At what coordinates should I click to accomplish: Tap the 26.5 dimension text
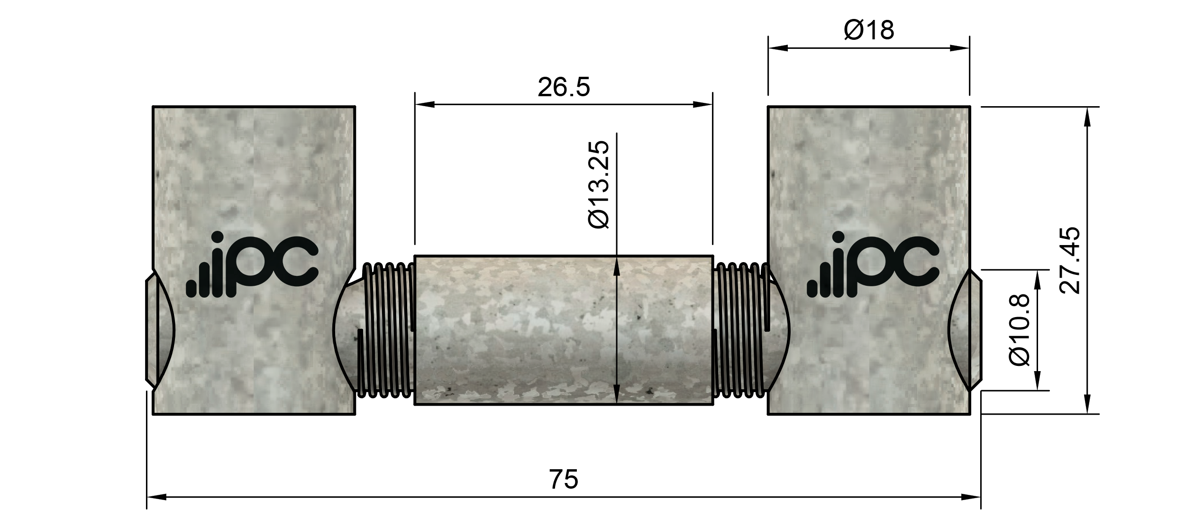point(564,88)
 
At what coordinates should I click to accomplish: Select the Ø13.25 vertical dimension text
point(598,185)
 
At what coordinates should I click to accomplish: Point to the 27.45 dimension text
point(1070,260)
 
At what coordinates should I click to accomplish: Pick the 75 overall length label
point(564,479)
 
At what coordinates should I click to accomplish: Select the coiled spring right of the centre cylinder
point(739,330)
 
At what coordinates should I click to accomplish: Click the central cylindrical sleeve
point(564,330)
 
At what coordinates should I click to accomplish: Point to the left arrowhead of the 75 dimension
point(157,497)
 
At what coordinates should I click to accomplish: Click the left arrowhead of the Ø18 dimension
point(778,48)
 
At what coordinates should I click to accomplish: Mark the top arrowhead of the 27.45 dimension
point(1087,117)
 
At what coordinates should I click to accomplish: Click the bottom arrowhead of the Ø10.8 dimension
point(1037,381)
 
